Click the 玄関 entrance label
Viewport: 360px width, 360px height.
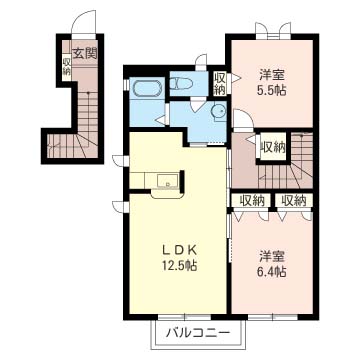(x=85, y=53)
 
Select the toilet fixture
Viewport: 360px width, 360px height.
(x=181, y=83)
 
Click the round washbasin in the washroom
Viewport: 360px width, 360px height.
(x=219, y=111)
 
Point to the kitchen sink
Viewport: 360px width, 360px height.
(x=167, y=181)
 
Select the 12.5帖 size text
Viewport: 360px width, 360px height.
(x=179, y=265)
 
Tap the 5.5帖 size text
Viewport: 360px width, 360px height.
(x=272, y=90)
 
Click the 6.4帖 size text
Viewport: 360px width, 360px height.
(x=272, y=272)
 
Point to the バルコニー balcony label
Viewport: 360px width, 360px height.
(x=198, y=333)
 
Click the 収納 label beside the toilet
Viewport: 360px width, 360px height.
(x=219, y=83)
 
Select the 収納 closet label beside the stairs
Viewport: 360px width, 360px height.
(x=273, y=147)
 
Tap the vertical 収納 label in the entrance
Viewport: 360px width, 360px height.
(x=66, y=67)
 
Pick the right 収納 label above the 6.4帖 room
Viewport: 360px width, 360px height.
(x=294, y=200)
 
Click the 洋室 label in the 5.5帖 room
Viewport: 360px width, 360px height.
(x=272, y=76)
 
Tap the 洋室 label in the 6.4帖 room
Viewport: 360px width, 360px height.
(x=272, y=257)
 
